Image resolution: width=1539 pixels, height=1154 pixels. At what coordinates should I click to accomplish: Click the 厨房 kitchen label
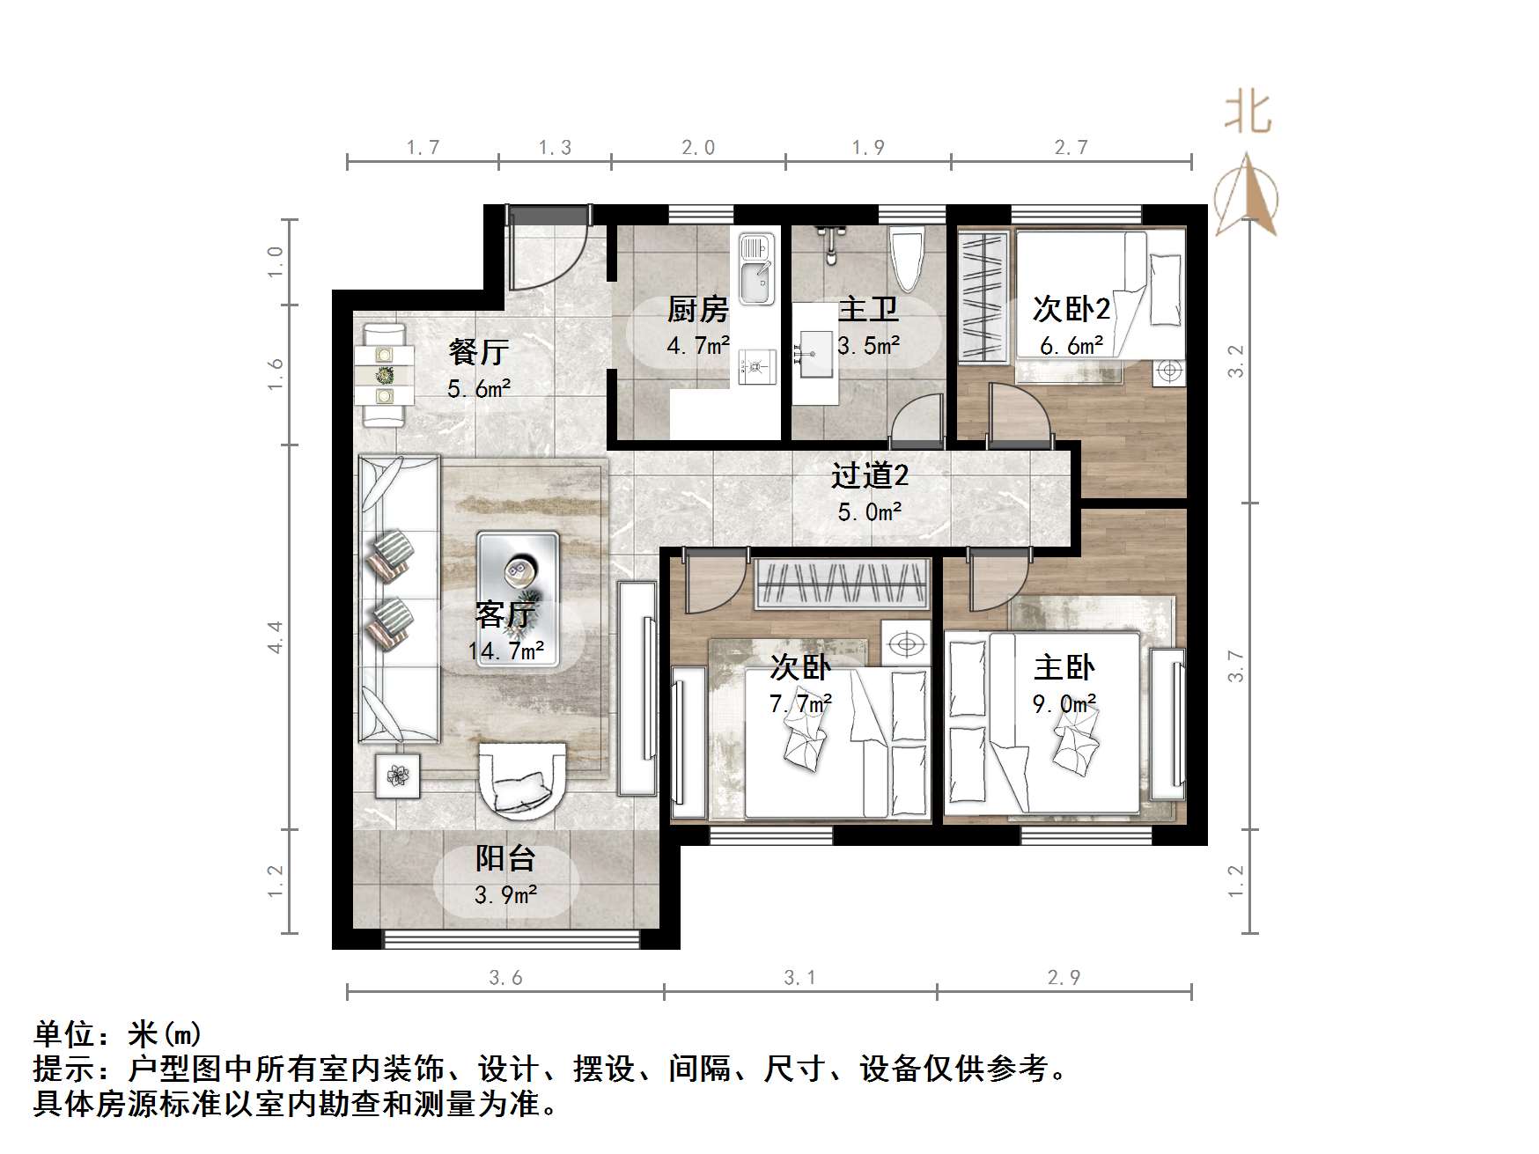point(697,310)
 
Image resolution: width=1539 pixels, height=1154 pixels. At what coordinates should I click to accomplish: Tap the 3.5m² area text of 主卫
point(868,346)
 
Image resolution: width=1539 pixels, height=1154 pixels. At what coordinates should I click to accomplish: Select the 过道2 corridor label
point(869,476)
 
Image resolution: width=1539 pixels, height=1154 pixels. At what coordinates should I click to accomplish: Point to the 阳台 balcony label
point(505,858)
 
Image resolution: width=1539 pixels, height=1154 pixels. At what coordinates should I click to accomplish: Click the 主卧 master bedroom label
point(1064,667)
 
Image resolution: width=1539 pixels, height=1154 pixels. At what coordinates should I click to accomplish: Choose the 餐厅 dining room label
point(478,352)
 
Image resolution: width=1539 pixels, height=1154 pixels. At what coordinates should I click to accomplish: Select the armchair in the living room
point(522,777)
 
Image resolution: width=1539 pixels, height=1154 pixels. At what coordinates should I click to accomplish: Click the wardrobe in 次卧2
point(984,296)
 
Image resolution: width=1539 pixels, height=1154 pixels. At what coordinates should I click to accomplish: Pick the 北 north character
point(1247,113)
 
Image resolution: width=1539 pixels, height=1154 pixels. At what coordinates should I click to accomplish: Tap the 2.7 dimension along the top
point(1071,148)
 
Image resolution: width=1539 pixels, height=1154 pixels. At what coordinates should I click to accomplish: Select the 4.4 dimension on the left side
point(276,636)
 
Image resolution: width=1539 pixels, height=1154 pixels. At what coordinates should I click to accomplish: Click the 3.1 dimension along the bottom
point(799,978)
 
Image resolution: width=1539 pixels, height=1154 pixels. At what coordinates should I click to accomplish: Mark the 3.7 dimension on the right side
point(1236,666)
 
